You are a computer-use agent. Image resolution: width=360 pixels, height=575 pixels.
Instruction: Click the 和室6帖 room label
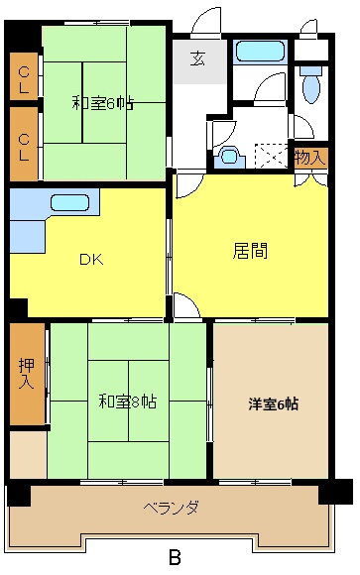point(102,103)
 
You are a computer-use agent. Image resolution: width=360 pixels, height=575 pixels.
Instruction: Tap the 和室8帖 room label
point(128,402)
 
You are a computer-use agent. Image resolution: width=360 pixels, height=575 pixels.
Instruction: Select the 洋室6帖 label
point(274,403)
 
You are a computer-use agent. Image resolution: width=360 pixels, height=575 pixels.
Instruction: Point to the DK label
point(91,260)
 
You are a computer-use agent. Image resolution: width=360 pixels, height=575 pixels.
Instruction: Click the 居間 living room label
point(250,251)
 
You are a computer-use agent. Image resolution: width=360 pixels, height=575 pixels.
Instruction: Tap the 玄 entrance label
point(198,59)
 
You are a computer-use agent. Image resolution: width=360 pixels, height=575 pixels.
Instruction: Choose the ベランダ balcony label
point(172,508)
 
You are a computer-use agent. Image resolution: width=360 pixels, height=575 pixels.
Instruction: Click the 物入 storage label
point(310,158)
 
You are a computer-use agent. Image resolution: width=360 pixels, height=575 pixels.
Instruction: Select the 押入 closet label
point(27,374)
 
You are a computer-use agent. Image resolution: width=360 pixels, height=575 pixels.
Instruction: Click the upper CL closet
point(24,76)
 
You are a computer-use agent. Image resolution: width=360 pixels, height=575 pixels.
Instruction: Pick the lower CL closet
point(24,144)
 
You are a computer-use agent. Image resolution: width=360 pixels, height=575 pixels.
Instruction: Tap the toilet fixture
point(310,84)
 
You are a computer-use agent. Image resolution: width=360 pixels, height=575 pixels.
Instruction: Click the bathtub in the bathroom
point(261,52)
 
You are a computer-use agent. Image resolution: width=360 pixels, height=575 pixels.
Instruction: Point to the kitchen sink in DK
point(69,203)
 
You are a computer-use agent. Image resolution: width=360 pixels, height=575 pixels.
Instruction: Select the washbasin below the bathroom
point(230,158)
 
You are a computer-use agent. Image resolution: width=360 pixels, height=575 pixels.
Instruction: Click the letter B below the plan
point(175,558)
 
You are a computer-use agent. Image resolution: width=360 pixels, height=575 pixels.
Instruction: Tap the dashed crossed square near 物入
point(271,157)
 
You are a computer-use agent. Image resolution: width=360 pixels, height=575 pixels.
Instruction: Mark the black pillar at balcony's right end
point(335,492)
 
